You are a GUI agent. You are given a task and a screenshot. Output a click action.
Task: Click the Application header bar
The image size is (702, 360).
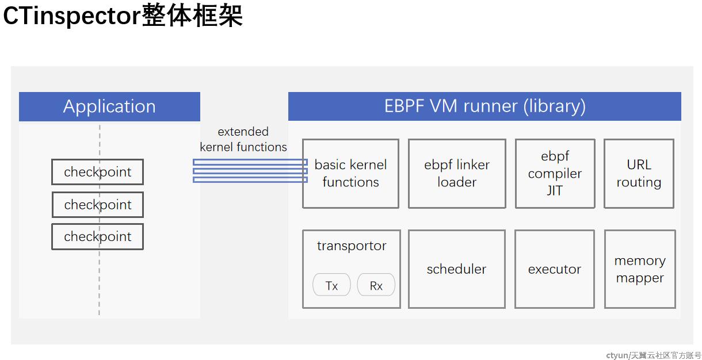[109, 106]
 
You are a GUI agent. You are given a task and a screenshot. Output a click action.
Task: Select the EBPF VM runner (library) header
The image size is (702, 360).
[484, 106]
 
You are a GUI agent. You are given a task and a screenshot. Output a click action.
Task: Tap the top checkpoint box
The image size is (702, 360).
[97, 172]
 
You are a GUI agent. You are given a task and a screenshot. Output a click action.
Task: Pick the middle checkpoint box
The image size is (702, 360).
[98, 205]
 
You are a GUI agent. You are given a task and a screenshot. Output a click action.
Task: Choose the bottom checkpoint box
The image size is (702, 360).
[97, 236]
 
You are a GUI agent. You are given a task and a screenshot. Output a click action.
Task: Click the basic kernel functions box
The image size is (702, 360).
[350, 174]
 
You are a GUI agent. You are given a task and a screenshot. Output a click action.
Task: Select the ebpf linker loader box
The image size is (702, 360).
[457, 174]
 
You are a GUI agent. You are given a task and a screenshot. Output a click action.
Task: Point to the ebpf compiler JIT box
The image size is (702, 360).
[555, 174]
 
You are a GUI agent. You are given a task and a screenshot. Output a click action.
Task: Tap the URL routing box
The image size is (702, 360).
[639, 174]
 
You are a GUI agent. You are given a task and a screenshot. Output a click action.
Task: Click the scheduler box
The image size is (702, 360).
[457, 269]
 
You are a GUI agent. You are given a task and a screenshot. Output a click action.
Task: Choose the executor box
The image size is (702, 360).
[554, 269]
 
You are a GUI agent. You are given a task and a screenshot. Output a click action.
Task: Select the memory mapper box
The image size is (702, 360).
[640, 269]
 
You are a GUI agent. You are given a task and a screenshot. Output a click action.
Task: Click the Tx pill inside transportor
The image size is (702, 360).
[331, 285]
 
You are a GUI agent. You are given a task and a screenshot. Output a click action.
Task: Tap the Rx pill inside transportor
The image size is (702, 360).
[376, 285]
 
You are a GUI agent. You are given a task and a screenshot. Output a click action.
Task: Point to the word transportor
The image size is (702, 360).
[352, 246]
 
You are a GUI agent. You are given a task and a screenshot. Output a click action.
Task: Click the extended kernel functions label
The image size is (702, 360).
[243, 139]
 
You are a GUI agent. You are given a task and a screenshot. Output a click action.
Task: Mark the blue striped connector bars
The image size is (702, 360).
[250, 171]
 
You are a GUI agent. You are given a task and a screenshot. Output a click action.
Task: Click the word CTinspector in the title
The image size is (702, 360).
[72, 16]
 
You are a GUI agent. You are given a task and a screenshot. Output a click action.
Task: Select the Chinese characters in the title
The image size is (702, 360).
[192, 16]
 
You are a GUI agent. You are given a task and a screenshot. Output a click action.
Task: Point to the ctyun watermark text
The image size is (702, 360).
[654, 355]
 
